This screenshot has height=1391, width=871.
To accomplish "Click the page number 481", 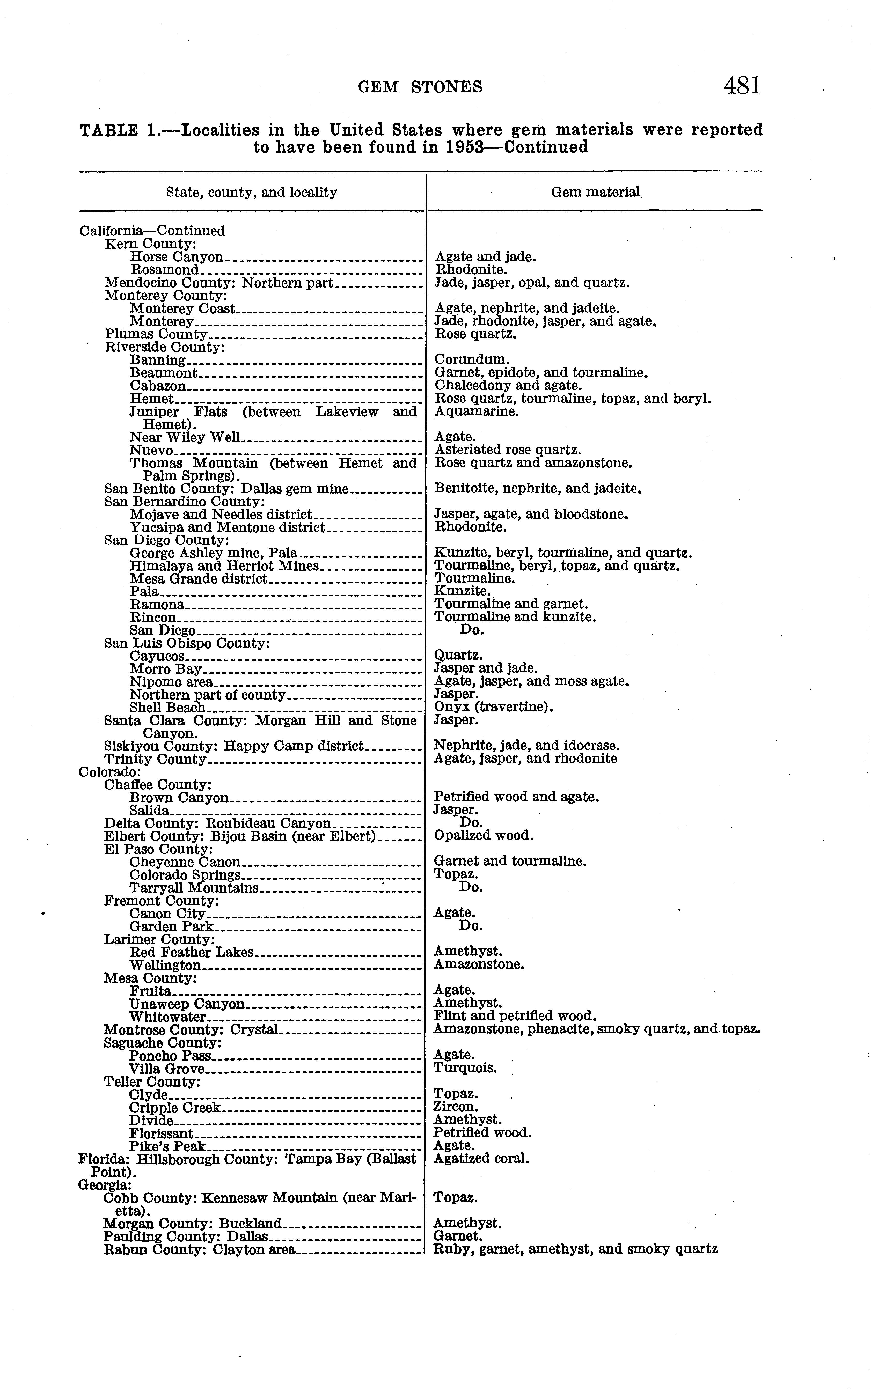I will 743,86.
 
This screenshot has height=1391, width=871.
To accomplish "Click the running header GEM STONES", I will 420,87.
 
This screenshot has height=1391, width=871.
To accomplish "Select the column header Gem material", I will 595,192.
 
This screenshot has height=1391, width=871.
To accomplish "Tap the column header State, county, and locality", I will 252,192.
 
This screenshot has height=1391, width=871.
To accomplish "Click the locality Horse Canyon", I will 176,257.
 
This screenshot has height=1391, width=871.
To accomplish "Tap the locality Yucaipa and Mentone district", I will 228,527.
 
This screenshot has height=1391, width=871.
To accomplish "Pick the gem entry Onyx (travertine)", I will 493,707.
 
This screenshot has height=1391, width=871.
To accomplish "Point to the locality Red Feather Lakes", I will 191,952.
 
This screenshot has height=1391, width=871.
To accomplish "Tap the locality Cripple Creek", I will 174,1107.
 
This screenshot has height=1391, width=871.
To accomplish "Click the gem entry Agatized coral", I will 481,1158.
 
